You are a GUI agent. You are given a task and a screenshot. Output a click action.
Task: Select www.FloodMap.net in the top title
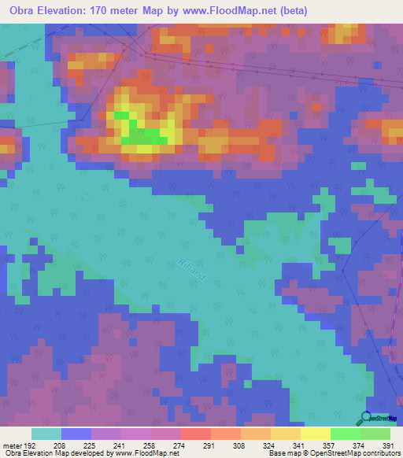tap(238, 11)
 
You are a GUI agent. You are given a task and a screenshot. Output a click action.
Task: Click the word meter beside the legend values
tap(13, 445)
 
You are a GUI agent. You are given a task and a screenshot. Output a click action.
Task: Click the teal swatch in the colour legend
tap(46, 434)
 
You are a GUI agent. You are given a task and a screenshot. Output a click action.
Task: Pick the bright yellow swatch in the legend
tap(316, 434)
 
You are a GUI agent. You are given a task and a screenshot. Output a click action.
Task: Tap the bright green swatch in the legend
tap(346, 434)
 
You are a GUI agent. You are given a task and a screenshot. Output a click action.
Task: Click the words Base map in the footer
tap(281, 453)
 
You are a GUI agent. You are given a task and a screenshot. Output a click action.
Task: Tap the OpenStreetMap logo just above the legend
tap(379, 419)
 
